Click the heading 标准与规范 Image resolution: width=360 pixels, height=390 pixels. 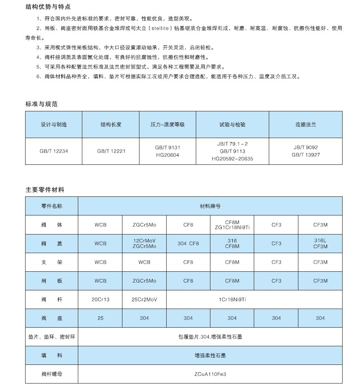[x=41, y=104]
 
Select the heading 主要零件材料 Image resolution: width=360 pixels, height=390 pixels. [x=45, y=190]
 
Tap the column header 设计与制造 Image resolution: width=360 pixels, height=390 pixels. [x=54, y=124]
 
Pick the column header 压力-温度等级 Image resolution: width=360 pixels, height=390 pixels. [x=167, y=124]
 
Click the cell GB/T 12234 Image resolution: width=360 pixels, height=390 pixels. [x=54, y=151]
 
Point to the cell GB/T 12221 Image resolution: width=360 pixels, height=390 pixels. [x=111, y=151]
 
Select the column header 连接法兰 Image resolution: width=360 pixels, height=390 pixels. [x=305, y=124]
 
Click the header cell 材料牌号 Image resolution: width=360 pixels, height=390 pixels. [x=210, y=206]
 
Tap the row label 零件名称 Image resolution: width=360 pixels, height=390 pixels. [x=52, y=206]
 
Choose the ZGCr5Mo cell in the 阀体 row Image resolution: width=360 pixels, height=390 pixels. [x=144, y=225]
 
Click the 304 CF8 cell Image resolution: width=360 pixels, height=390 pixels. [x=188, y=243]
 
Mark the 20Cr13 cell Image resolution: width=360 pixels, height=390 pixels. [x=100, y=299]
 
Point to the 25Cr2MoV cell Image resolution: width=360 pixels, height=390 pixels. [x=144, y=299]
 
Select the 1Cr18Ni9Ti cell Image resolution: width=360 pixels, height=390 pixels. [x=232, y=299]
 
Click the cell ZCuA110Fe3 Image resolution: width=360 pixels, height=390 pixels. [x=210, y=374]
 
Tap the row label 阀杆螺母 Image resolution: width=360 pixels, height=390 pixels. [x=52, y=374]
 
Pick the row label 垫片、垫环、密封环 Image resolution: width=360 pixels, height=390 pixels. [x=52, y=337]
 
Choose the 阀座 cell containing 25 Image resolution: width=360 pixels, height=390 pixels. [x=100, y=318]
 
